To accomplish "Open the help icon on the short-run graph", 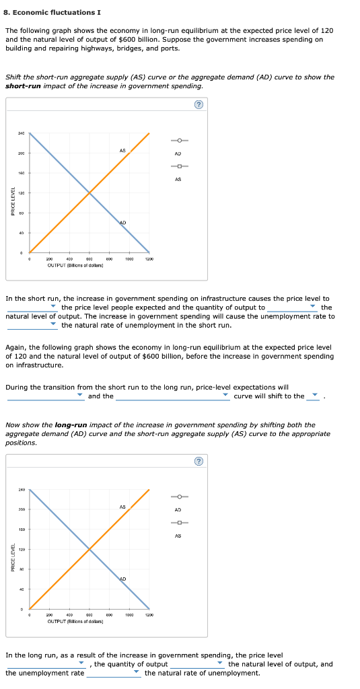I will pos(198,105).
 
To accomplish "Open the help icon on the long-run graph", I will pos(198,461).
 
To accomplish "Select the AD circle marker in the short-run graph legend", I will pos(178,140).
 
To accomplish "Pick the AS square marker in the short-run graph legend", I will pos(178,167).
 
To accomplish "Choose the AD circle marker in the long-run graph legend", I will pos(178,497).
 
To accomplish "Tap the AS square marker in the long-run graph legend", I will pos(178,523).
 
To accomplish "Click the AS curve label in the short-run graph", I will pos(122,151).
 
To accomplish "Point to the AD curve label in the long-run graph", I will pos(122,579).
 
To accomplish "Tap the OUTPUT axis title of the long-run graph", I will pos(75,621).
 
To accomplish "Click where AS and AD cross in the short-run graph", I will pos(89,193).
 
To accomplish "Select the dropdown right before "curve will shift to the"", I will pos(174,396).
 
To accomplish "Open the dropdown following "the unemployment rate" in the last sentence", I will pos(114,672).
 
